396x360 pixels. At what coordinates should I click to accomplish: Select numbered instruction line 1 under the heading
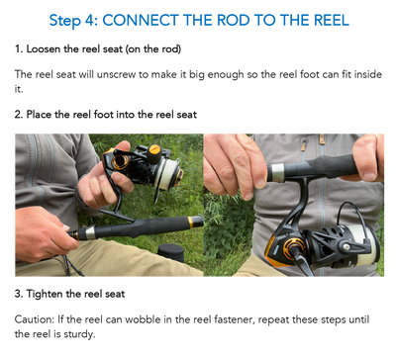pos(98,46)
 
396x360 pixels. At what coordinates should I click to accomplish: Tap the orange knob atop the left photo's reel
pos(154,150)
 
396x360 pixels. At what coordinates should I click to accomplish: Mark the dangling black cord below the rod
pos(67,264)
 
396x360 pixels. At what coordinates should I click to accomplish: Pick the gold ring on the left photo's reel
pos(120,159)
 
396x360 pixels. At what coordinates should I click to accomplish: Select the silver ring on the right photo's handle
pos(277,172)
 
